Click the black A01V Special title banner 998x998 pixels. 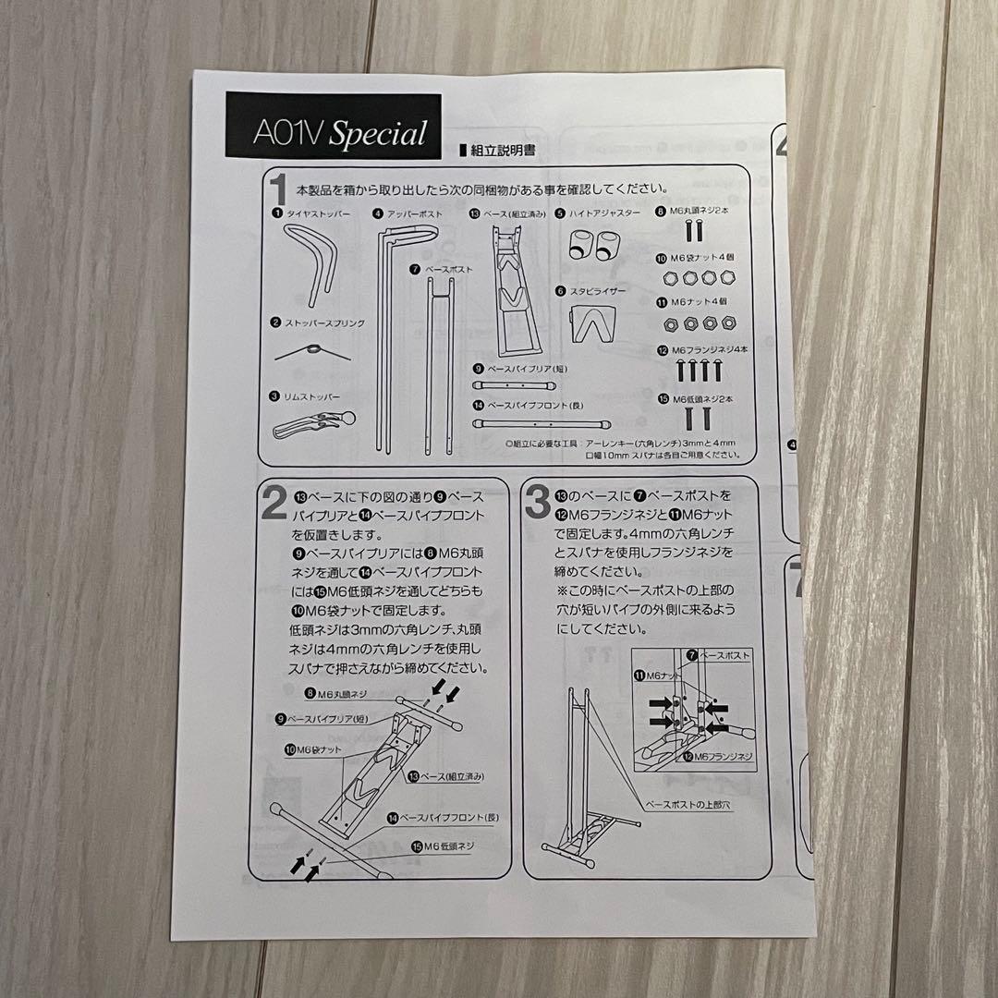(335, 130)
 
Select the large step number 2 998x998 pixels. (273, 503)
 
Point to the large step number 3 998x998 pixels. (538, 503)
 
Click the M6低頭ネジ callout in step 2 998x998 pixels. (447, 846)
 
